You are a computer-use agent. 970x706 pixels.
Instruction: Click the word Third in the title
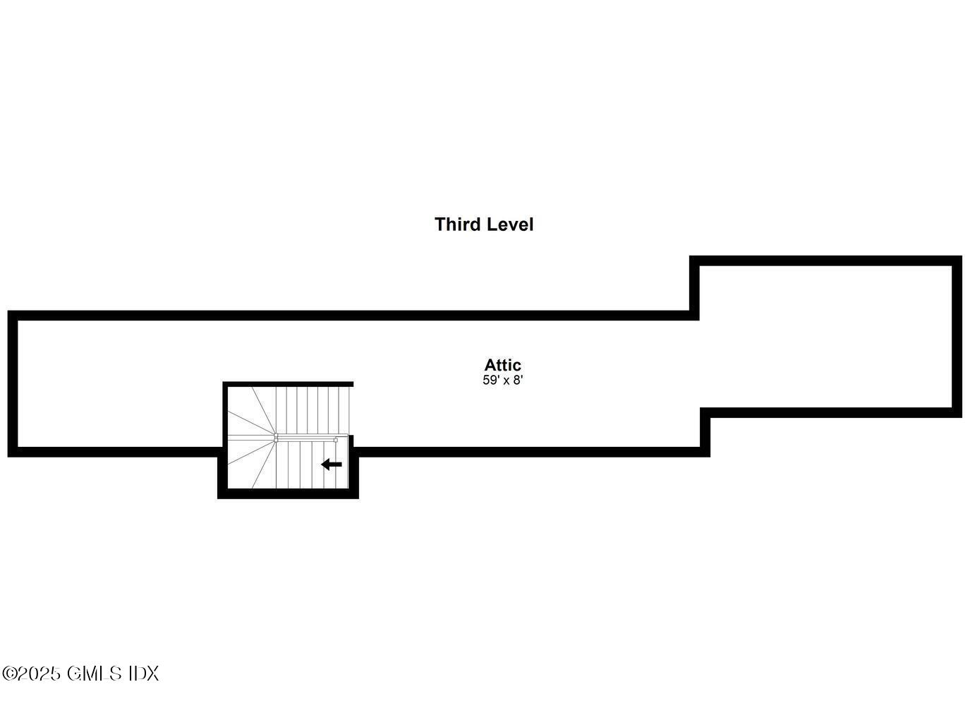click(x=457, y=225)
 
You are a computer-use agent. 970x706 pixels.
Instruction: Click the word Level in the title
click(x=509, y=225)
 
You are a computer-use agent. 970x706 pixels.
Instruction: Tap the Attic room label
click(x=502, y=365)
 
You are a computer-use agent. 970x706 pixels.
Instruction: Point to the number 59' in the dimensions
click(x=490, y=380)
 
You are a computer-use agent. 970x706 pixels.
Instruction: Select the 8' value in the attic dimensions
click(x=519, y=380)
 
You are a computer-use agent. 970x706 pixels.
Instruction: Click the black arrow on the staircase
click(x=332, y=465)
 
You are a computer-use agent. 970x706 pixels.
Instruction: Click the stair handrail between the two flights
click(x=306, y=439)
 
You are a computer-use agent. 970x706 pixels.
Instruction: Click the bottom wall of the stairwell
click(x=288, y=493)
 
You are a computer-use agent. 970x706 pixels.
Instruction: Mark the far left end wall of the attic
click(x=13, y=384)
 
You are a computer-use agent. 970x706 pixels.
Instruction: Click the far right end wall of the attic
click(x=957, y=337)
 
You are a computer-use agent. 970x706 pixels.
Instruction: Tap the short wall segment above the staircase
click(x=288, y=384)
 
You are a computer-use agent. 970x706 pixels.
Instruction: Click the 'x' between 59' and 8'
click(x=506, y=381)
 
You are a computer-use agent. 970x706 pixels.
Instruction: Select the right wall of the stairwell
click(x=354, y=467)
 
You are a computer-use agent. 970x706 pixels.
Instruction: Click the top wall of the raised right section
click(x=826, y=261)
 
